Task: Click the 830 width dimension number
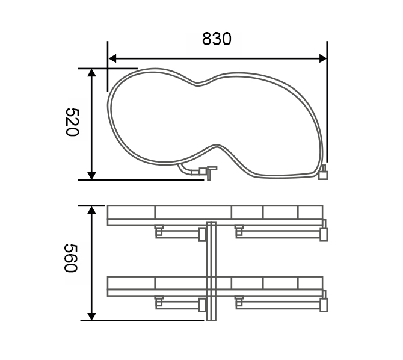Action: coord(217,39)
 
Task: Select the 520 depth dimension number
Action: coord(72,122)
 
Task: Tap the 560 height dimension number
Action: coord(70,258)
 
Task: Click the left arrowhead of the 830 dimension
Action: coord(112,58)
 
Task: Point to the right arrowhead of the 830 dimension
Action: coord(323,58)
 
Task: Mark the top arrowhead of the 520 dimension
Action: coord(91,73)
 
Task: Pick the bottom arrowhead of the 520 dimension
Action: coord(91,176)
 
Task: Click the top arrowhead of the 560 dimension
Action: coord(91,210)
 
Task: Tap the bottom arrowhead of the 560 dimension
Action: coord(91,317)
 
